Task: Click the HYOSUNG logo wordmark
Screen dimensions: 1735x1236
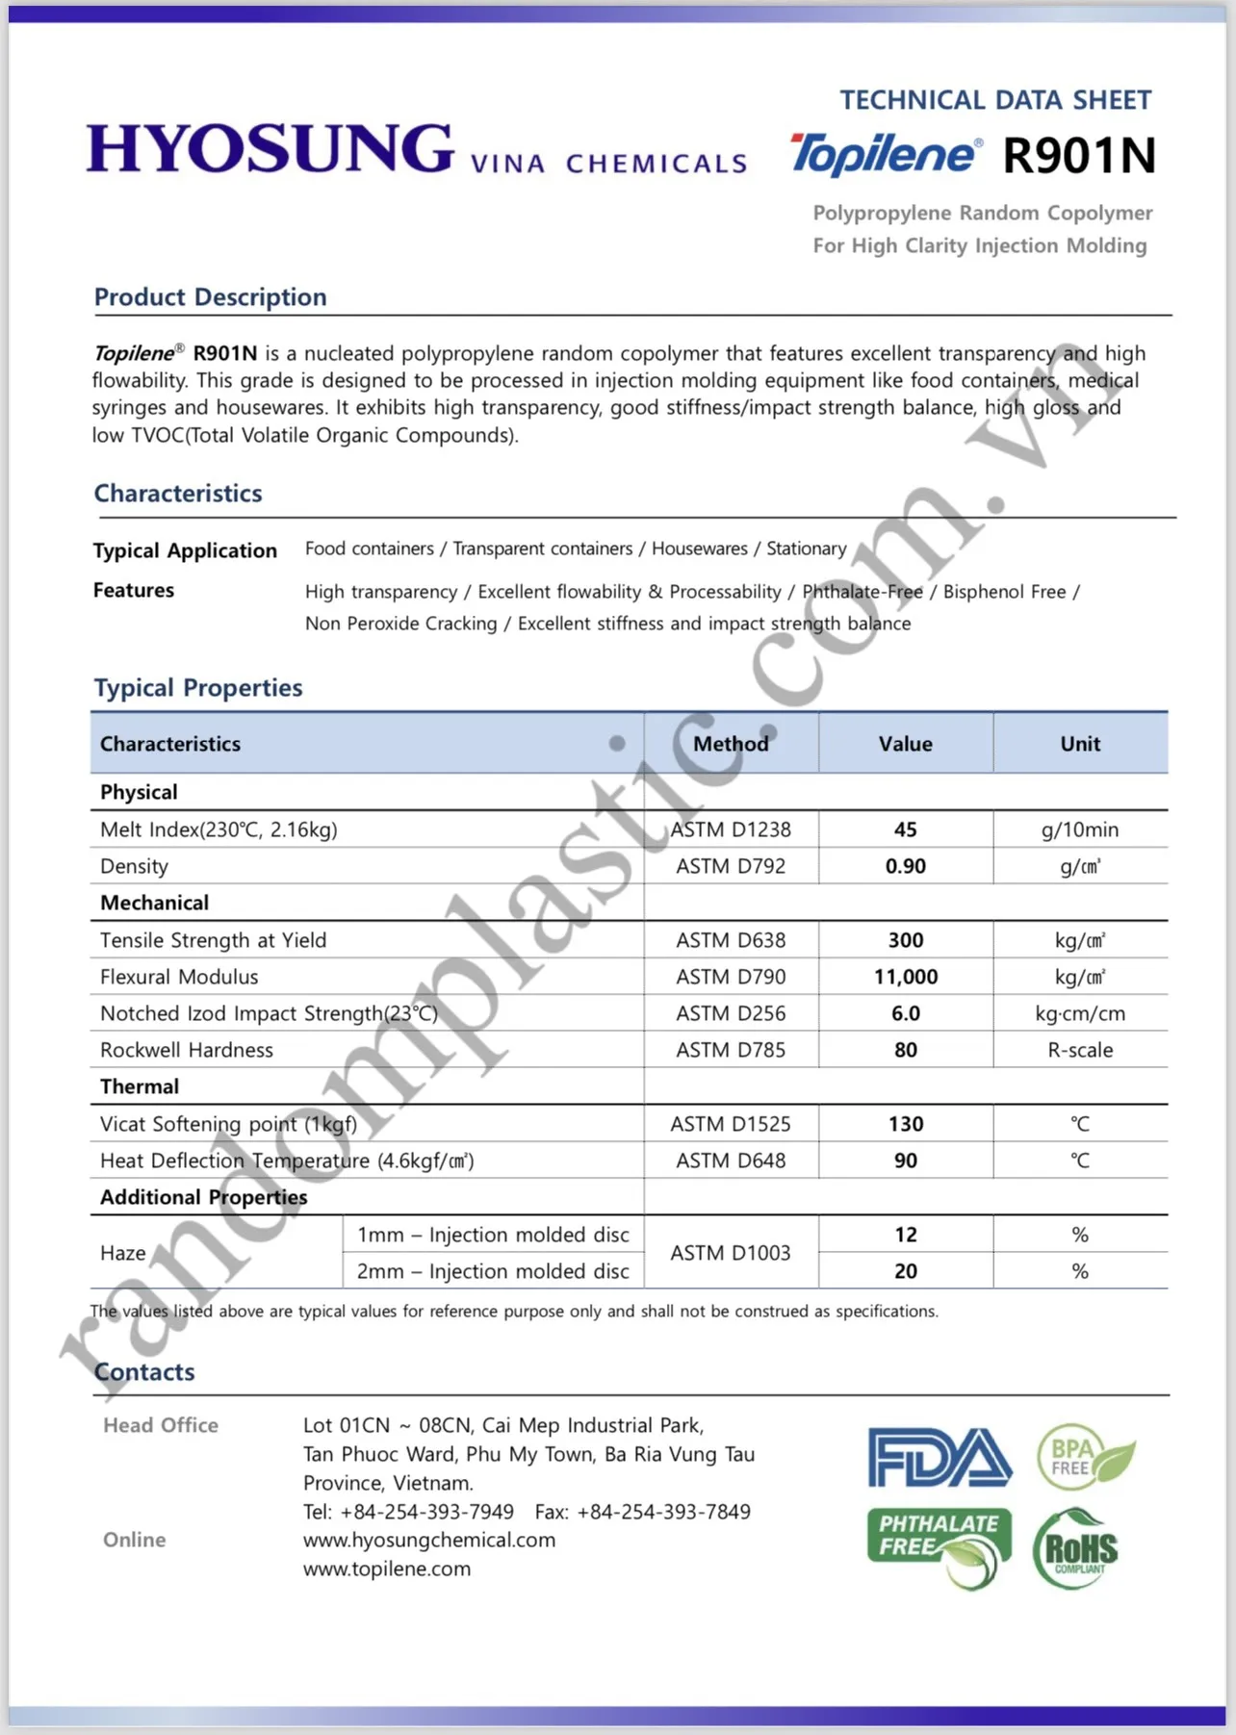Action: [270, 149]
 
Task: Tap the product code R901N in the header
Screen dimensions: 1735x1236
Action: [1078, 156]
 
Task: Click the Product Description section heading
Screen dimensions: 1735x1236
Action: [210, 297]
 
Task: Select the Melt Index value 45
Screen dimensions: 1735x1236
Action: [905, 829]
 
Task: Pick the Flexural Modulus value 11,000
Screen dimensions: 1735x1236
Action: [905, 977]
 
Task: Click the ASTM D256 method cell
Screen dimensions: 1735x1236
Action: [731, 1013]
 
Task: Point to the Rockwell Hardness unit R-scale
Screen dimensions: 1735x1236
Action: [1080, 1050]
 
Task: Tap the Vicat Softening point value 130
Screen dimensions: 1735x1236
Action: [905, 1124]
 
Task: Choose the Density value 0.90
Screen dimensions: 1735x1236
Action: [905, 866]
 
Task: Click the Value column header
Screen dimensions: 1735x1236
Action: [905, 744]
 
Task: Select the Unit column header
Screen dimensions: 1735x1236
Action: [1080, 744]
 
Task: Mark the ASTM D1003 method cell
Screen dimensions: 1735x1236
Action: [731, 1253]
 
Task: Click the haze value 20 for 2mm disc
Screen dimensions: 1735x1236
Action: [905, 1271]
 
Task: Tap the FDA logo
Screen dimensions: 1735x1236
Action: [940, 1457]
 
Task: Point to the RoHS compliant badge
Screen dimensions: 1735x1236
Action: [1075, 1549]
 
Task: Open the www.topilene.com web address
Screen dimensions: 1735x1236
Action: [387, 1569]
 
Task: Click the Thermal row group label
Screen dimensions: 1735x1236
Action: [140, 1086]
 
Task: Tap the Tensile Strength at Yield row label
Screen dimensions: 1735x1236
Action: [213, 940]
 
